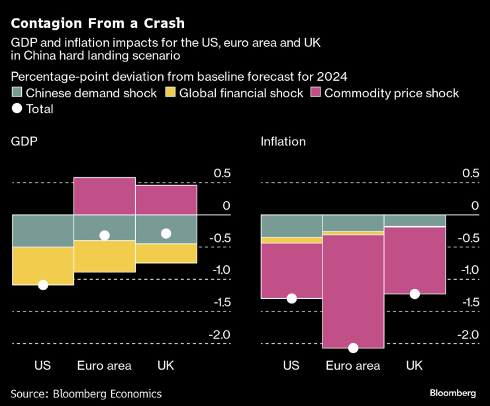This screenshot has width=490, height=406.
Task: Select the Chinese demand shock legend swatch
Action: tap(17, 93)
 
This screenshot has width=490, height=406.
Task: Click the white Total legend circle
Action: tap(17, 109)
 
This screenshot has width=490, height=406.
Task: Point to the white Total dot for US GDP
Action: tap(43, 285)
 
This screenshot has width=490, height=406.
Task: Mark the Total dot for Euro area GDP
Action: tap(105, 235)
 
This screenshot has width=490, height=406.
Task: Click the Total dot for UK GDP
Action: tap(166, 233)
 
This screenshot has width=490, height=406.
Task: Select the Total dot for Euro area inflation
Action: tap(353, 348)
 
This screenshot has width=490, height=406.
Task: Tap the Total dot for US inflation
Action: tap(291, 298)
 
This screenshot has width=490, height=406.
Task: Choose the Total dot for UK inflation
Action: tap(415, 294)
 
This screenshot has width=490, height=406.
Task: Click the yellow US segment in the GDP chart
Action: tap(43, 266)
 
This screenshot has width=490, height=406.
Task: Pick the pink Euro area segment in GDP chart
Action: tap(105, 196)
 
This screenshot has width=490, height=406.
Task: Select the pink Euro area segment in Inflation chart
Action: tap(353, 291)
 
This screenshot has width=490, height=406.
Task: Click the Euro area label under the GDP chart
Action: tap(105, 365)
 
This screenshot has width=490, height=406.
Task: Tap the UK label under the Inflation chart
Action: tap(414, 365)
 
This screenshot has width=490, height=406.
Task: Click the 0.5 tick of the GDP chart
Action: tap(222, 173)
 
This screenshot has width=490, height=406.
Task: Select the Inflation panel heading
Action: tap(283, 142)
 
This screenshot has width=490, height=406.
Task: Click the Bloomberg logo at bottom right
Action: tap(453, 393)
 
